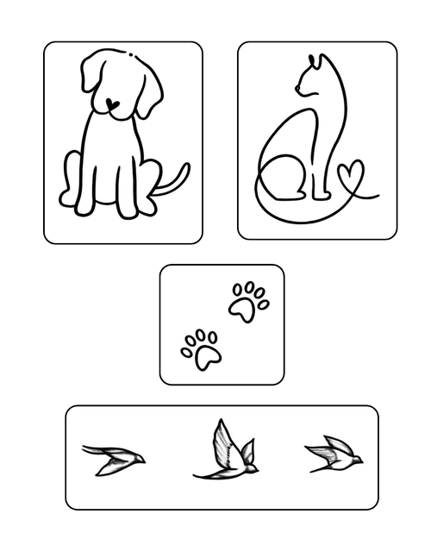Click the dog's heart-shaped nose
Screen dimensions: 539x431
coord(112,103)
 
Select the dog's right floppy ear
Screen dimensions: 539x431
coord(148,95)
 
